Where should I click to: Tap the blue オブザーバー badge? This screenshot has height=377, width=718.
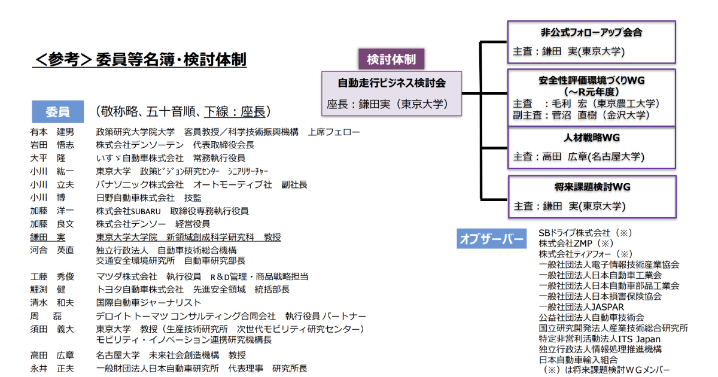pyautogui.click(x=491, y=239)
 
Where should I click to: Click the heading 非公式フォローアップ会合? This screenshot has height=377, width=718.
pyautogui.click(x=591, y=33)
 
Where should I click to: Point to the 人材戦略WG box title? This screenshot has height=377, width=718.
pyautogui.click(x=591, y=138)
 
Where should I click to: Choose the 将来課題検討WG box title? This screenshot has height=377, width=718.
pyautogui.click(x=592, y=187)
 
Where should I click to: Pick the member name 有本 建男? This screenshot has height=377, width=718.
pyautogui.click(x=52, y=132)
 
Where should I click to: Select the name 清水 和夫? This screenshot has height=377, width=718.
pyautogui.click(x=52, y=303)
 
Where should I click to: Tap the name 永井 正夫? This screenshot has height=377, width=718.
pyautogui.click(x=52, y=369)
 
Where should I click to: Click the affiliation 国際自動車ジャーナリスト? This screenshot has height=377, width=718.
pyautogui.click(x=148, y=303)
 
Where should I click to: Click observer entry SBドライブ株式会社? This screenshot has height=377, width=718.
pyautogui.click(x=574, y=232)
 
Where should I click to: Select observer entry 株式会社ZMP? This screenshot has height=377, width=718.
pyautogui.click(x=565, y=243)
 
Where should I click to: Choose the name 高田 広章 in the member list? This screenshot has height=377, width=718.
pyautogui.click(x=52, y=355)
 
